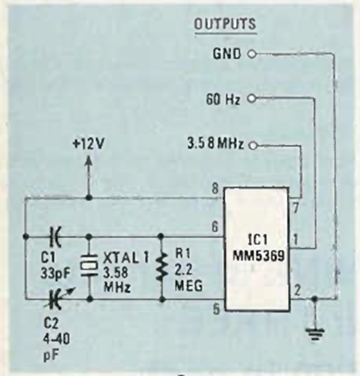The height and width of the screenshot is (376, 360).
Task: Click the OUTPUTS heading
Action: (225, 24)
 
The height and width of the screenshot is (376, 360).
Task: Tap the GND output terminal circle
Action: (251, 54)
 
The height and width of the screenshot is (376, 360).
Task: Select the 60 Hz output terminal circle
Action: (251, 99)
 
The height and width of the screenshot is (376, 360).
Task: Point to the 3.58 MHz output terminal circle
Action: (251, 145)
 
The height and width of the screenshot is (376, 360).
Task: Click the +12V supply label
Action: (89, 144)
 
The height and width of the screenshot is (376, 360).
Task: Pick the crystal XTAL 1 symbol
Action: (89, 267)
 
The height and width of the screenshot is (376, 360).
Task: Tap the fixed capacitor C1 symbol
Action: (56, 236)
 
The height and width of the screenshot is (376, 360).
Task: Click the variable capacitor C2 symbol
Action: (56, 299)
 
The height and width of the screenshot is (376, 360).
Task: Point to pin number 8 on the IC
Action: (215, 189)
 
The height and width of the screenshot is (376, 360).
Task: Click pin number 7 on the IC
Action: (295, 206)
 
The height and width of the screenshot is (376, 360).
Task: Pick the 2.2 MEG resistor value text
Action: (188, 277)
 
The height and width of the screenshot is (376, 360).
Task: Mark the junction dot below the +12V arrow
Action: (88, 198)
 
